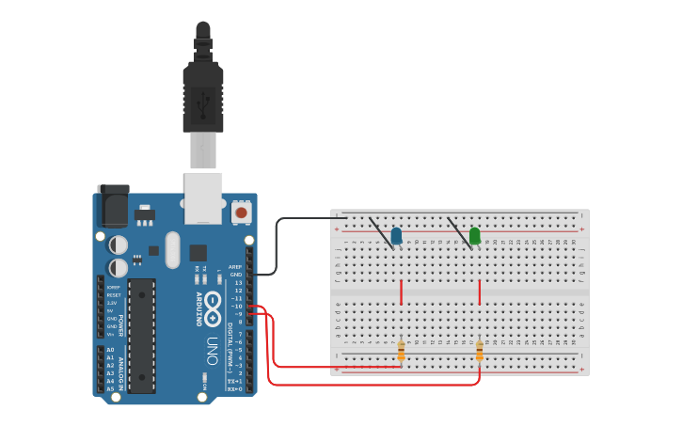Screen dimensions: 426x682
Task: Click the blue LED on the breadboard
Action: coord(396,235)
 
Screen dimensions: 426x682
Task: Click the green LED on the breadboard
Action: coord(475,235)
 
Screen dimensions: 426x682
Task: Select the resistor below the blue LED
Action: coord(401,351)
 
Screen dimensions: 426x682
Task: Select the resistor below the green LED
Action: coord(480,351)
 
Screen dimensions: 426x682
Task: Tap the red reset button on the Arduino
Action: coord(242,213)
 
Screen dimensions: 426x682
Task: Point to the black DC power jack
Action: coord(113,206)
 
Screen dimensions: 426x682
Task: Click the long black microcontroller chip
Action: coord(141,335)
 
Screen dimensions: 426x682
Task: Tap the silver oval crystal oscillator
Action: coord(172,250)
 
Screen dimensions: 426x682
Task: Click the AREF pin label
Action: coord(235,267)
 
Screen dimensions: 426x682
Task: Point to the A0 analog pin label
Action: coord(110,350)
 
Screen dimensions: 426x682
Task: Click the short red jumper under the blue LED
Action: coord(402,292)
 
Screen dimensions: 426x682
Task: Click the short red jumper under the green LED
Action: coord(480,292)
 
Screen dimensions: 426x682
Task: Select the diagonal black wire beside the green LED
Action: coord(458,232)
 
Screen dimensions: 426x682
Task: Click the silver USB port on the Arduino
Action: coord(203,197)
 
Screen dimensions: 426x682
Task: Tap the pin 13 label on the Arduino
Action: coord(238,282)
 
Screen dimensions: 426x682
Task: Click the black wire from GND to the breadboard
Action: coord(277,245)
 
